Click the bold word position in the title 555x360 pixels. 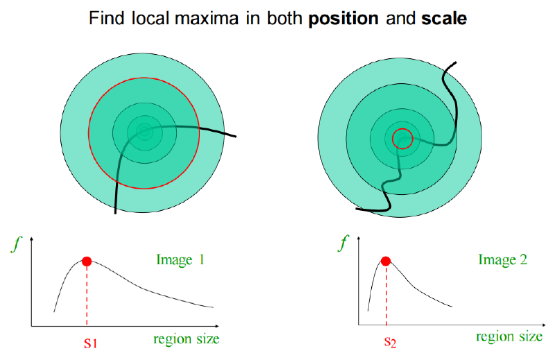pyautogui.click(x=343, y=19)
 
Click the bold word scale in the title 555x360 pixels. pyautogui.click(x=444, y=19)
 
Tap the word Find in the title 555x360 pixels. pyautogui.click(x=107, y=19)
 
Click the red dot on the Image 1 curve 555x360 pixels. pyautogui.click(x=87, y=262)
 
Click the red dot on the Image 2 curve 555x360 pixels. pyautogui.click(x=386, y=262)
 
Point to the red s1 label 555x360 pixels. pyautogui.click(x=90, y=343)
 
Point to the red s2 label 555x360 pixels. pyautogui.click(x=390, y=341)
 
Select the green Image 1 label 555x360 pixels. pyautogui.click(x=180, y=260)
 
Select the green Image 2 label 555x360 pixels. pyautogui.click(x=502, y=260)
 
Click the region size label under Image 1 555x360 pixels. pyautogui.click(x=186, y=339)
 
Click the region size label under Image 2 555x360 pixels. pyautogui.click(x=509, y=336)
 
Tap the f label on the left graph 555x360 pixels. pyautogui.click(x=16, y=243)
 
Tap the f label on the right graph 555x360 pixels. pyautogui.click(x=343, y=243)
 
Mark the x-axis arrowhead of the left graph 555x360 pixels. pyautogui.click(x=218, y=325)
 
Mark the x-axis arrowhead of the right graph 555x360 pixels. pyautogui.click(x=544, y=325)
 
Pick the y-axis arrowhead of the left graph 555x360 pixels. pyautogui.click(x=32, y=239)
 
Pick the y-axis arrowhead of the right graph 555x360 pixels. pyautogui.click(x=359, y=238)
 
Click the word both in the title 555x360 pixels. pyautogui.click(x=284, y=19)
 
